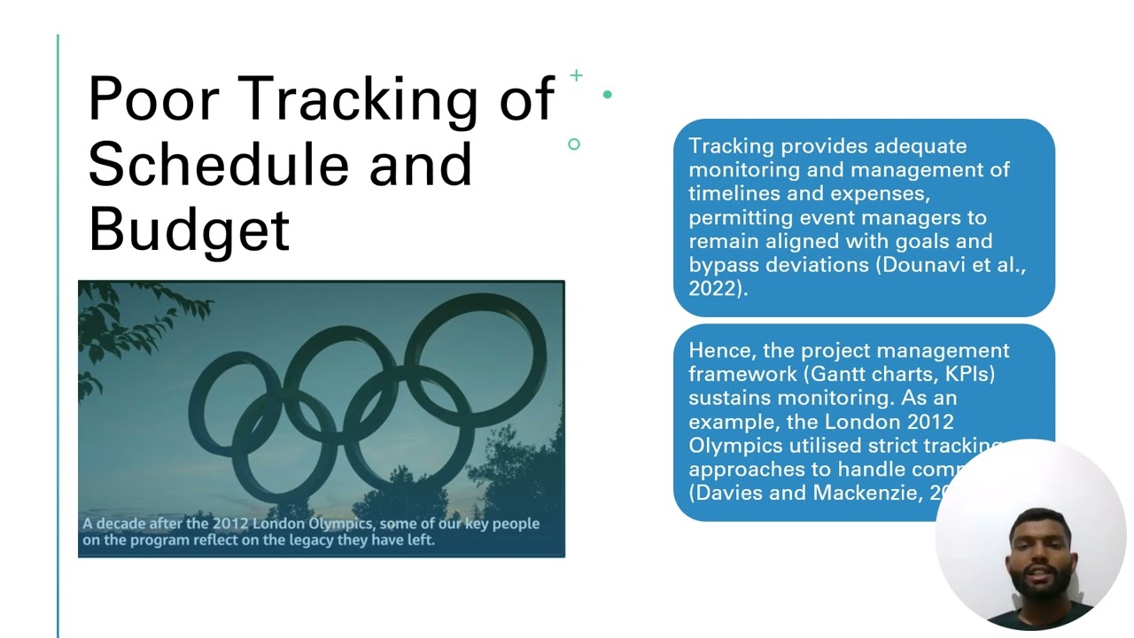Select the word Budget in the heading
tap(189, 229)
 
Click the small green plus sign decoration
tap(576, 76)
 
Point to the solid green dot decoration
tap(607, 94)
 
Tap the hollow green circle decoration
tap(574, 144)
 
